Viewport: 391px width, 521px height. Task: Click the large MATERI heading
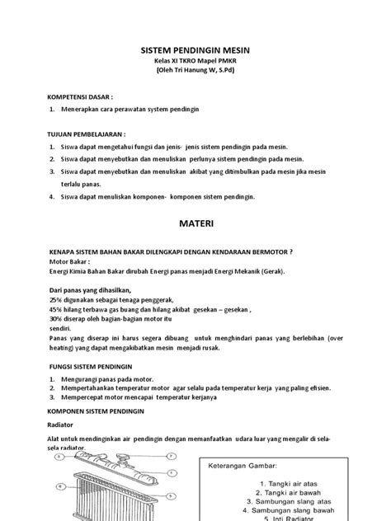(196, 223)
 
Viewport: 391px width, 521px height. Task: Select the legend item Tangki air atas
(285, 483)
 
